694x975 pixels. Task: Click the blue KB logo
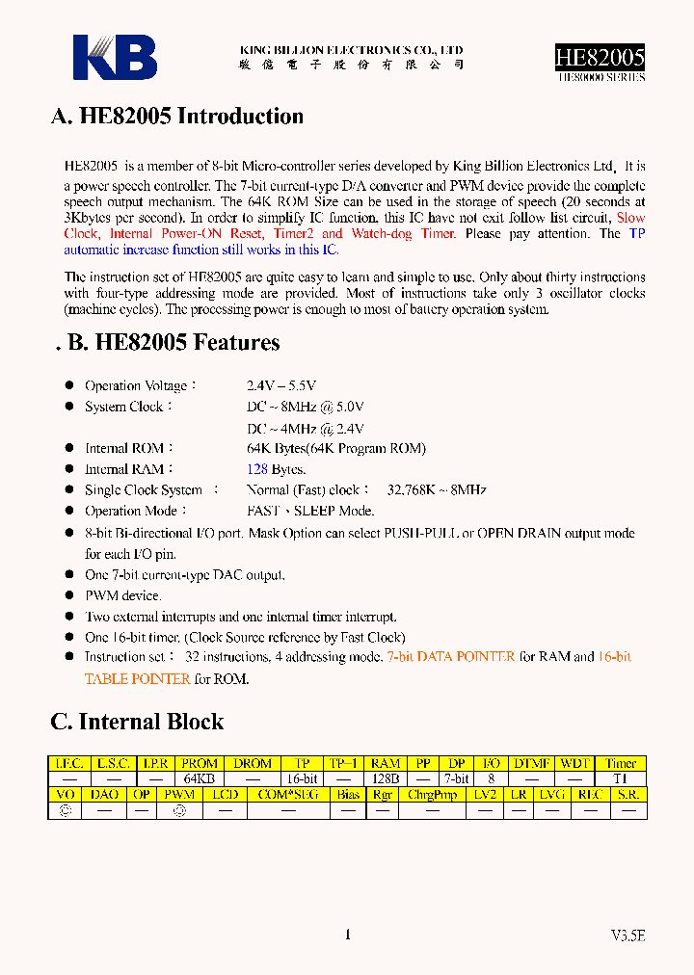(115, 57)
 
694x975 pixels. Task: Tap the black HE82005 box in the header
(599, 57)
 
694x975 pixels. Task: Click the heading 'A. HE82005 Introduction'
(176, 117)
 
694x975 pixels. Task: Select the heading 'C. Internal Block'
(137, 722)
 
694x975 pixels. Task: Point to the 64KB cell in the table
(200, 778)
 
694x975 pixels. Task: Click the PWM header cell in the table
(179, 795)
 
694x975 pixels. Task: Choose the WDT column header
(575, 763)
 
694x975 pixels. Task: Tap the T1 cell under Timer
(622, 778)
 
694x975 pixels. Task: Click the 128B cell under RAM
(386, 778)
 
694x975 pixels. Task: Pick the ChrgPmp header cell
(433, 795)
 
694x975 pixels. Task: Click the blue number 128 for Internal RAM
(256, 469)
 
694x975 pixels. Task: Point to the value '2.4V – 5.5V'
(281, 385)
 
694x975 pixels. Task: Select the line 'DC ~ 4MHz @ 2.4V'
(306, 428)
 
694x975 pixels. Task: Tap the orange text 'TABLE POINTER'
(137, 678)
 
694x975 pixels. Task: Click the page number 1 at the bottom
(347, 934)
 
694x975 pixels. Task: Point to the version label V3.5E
(627, 935)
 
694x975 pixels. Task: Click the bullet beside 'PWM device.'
(69, 595)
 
